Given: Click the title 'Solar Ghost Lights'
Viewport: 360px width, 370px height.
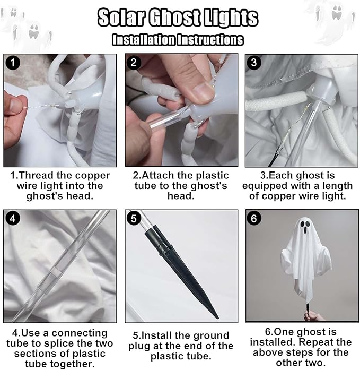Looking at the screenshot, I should (x=178, y=18).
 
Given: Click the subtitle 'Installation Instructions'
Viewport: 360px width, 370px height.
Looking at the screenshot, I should (x=178, y=40).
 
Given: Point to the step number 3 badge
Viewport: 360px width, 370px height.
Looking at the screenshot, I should (x=254, y=63).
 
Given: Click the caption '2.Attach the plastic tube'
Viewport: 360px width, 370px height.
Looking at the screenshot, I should (x=180, y=185).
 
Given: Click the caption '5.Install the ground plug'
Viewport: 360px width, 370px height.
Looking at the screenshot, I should (x=180, y=346).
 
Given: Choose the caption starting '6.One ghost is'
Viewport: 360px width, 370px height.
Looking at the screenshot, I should (x=300, y=347).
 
